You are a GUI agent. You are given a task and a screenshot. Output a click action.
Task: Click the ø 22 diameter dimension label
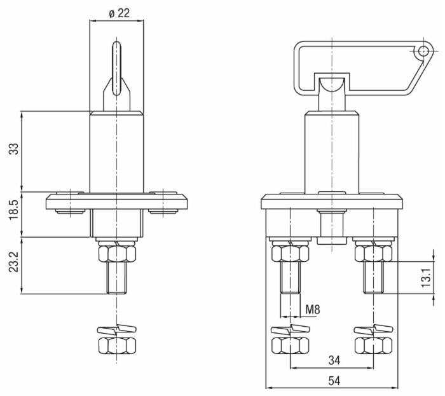[120, 13]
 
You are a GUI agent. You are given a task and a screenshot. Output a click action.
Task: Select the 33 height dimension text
[13, 149]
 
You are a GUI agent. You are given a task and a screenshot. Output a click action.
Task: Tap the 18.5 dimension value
[13, 209]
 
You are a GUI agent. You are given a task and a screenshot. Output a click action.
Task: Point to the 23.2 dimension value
[13, 262]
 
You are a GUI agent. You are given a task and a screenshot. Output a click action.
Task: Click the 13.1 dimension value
[427, 278]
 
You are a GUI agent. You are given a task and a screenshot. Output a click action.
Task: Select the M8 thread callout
[313, 309]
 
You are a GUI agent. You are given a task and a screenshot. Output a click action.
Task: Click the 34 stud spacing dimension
[334, 360]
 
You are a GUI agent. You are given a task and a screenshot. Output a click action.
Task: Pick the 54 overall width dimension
[334, 380]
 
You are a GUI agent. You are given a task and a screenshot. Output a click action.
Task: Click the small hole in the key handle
[423, 51]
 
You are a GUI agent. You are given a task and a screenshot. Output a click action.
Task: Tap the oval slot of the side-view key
[116, 68]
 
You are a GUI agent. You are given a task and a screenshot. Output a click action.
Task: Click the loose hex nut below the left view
[117, 346]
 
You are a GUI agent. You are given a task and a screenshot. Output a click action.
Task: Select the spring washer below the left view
[117, 329]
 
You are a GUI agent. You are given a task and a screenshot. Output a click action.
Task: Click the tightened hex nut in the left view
[117, 254]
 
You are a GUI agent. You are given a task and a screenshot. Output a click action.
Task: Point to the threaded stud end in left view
[117, 277]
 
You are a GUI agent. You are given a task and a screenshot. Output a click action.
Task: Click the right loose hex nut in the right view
[374, 346]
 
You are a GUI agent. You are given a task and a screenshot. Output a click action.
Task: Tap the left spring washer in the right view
[291, 329]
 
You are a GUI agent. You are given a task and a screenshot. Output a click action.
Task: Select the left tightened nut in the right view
[291, 254]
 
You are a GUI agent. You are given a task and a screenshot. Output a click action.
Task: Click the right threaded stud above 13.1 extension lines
[374, 277]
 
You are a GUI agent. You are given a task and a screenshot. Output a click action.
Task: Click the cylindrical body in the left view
[116, 153]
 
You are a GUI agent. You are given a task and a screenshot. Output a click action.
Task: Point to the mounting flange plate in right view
[332, 201]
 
